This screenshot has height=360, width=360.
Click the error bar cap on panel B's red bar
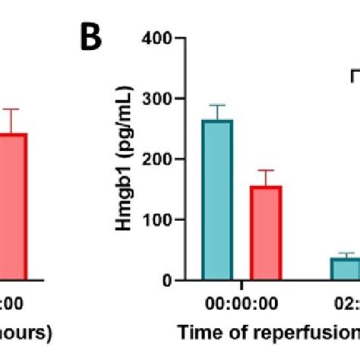[x=265, y=170]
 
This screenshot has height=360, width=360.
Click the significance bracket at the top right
[x=354, y=75]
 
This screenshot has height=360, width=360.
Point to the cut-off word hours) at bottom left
[x=26, y=333]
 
